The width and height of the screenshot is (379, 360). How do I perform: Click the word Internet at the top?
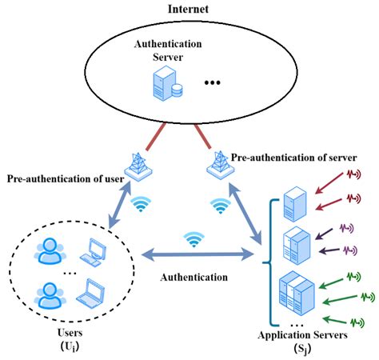(188, 9)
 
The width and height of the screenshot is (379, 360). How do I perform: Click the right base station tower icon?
(217, 162)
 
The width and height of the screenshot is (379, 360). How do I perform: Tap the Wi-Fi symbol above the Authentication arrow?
(192, 239)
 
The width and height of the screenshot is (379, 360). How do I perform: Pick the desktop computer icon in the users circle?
(95, 251)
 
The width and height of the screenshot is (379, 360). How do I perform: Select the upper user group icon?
(47, 251)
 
